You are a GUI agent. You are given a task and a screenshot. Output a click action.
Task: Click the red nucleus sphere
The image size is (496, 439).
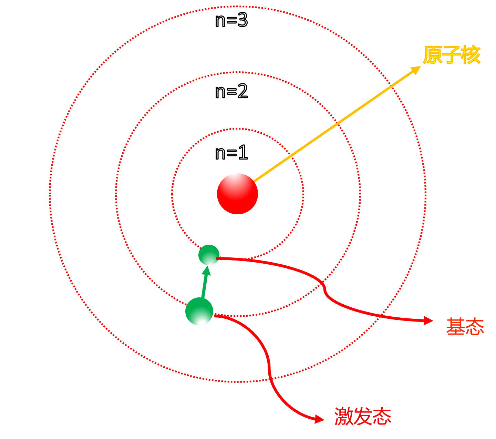[237, 194]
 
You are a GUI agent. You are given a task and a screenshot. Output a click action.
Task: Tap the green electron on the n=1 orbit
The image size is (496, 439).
[209, 255]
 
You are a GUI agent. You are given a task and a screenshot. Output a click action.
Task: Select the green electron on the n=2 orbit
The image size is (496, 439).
[199, 311]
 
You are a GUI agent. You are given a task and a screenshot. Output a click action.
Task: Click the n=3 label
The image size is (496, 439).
[231, 20]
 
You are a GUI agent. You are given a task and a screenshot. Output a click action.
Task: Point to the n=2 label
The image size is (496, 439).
[231, 91]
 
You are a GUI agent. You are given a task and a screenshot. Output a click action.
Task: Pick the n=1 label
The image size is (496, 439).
[231, 152]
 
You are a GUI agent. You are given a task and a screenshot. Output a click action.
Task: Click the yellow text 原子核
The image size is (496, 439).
[452, 55]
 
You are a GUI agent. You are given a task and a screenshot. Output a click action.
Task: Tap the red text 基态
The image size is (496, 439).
[465, 327]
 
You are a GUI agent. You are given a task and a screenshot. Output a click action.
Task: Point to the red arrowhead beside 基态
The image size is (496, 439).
[428, 320]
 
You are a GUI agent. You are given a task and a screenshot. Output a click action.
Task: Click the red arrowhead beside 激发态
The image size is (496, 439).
[319, 419]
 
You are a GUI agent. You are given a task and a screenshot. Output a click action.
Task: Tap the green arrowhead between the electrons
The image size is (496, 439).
[206, 271]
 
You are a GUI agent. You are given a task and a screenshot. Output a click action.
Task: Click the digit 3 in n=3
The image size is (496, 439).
[242, 20]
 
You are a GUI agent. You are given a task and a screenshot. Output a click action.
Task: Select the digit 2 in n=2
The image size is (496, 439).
[242, 91]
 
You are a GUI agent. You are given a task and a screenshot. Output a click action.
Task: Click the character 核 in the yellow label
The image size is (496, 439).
[471, 55]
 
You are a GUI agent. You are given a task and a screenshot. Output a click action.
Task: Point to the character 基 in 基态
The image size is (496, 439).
[455, 327]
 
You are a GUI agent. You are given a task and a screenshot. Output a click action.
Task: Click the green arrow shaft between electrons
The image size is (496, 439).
[204, 287]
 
